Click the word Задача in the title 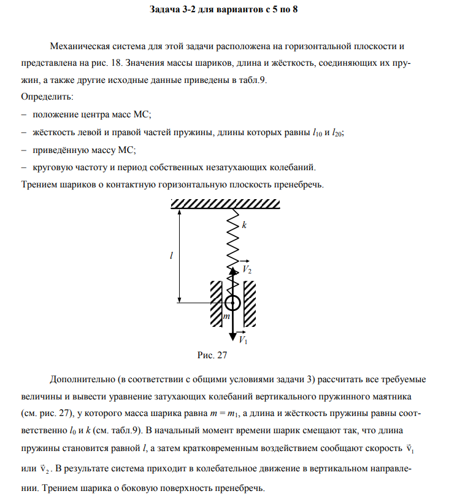(166, 11)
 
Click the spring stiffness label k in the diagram (244, 225)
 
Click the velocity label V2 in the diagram (247, 270)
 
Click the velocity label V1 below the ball (244, 340)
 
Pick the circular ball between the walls (232, 302)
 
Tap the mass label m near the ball (226, 316)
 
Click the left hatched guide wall (216, 304)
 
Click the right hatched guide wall (250, 304)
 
